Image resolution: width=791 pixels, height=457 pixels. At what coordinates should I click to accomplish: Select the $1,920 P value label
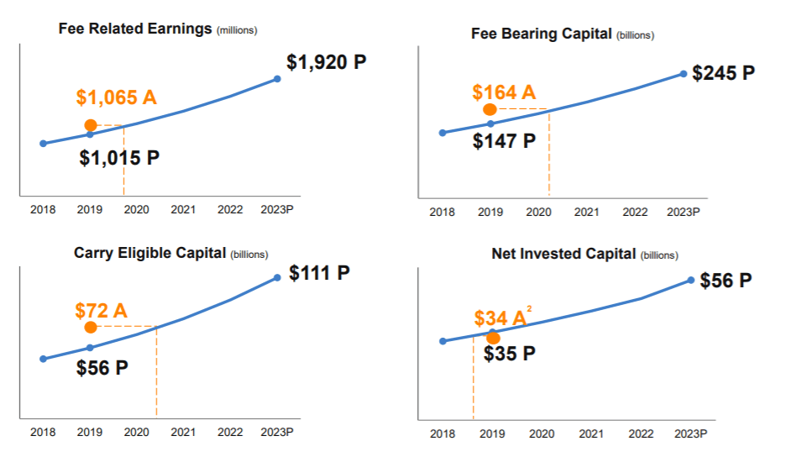[x=327, y=62]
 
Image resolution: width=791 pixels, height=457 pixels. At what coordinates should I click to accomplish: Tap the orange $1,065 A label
[x=116, y=97]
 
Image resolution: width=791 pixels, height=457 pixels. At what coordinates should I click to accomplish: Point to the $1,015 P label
[x=119, y=158]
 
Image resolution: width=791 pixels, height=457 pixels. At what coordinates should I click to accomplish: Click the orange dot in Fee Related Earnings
[x=91, y=125]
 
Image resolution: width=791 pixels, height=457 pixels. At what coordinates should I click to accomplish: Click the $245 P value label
[x=723, y=73]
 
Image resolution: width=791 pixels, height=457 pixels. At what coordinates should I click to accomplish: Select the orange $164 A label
[x=504, y=92]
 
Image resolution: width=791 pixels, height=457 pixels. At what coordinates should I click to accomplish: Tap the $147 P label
[x=504, y=141]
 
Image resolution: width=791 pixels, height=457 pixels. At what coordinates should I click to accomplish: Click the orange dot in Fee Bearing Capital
[x=490, y=109]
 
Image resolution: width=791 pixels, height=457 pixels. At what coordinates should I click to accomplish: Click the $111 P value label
[x=319, y=273]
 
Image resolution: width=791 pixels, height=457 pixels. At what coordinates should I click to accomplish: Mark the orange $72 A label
[x=101, y=311]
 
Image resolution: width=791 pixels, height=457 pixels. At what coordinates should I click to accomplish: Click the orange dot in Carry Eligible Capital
[x=91, y=327]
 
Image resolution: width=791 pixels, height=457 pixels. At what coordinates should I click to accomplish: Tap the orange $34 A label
[x=500, y=318]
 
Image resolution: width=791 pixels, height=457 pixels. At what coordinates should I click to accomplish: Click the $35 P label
[x=510, y=354]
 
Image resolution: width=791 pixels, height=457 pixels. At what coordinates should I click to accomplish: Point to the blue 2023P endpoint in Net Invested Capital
[x=691, y=280]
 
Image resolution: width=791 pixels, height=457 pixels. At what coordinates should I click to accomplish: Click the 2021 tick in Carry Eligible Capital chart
[x=183, y=433]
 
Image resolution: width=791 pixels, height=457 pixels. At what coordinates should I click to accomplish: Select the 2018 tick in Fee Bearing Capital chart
[x=443, y=212]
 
